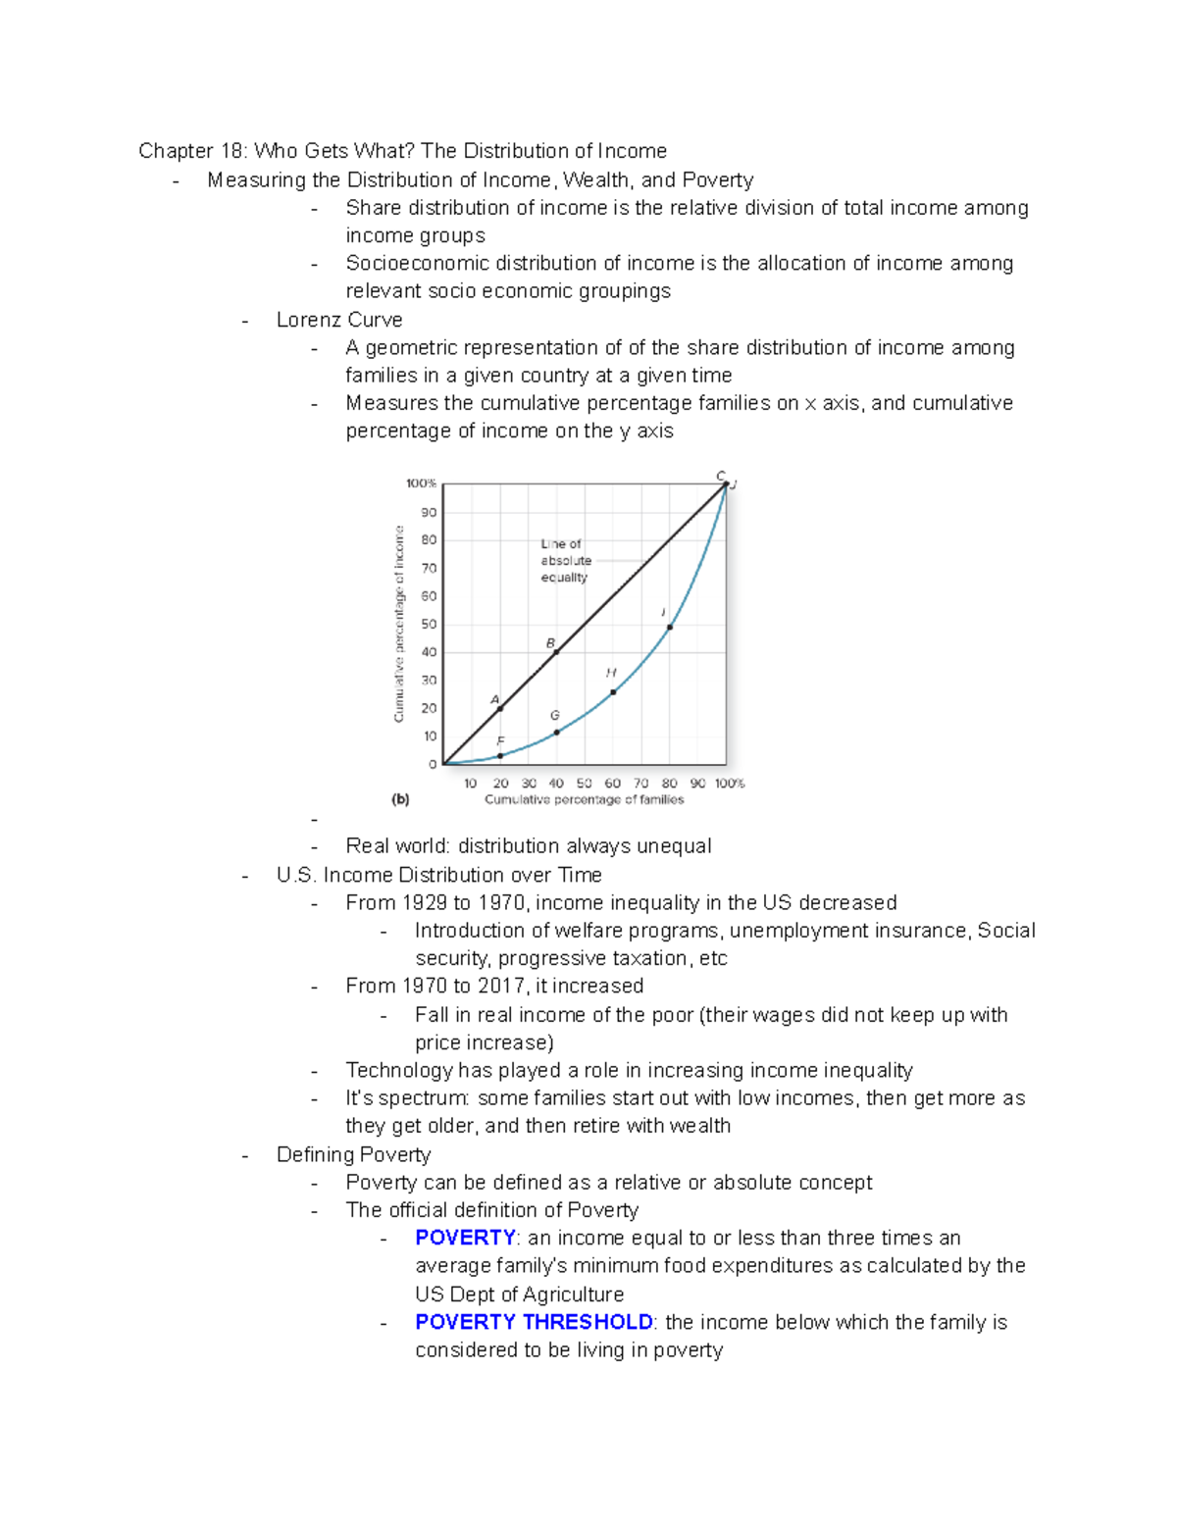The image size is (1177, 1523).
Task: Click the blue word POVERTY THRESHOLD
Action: (534, 1322)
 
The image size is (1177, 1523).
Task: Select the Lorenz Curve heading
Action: (339, 320)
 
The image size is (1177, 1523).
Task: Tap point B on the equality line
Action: (556, 652)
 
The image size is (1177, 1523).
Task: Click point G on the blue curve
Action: (556, 733)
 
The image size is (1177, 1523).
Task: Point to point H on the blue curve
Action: (613, 692)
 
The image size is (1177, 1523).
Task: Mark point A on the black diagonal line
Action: (500, 708)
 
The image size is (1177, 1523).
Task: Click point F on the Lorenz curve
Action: (500, 756)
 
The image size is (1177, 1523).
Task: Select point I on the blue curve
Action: (670, 627)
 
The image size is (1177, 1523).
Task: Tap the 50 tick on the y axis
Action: (429, 625)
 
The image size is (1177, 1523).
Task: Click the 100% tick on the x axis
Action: (730, 784)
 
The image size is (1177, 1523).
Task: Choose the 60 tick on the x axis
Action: (613, 784)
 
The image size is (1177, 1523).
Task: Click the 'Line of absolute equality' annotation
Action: (566, 561)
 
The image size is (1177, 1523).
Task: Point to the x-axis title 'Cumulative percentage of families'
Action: (584, 800)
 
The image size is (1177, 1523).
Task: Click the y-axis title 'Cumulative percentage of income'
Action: (399, 624)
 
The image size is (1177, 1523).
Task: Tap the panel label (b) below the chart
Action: (400, 799)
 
